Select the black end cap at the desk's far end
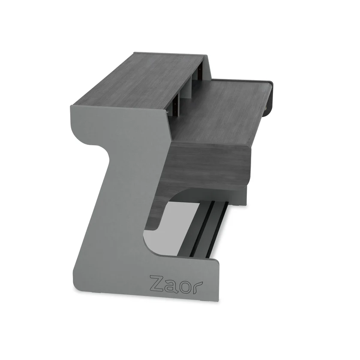coord(269,96)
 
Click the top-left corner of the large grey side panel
coord(73,107)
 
